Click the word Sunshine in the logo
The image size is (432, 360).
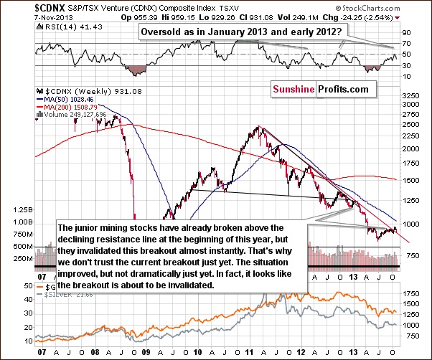tap(294, 90)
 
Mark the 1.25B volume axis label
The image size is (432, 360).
tap(13, 210)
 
